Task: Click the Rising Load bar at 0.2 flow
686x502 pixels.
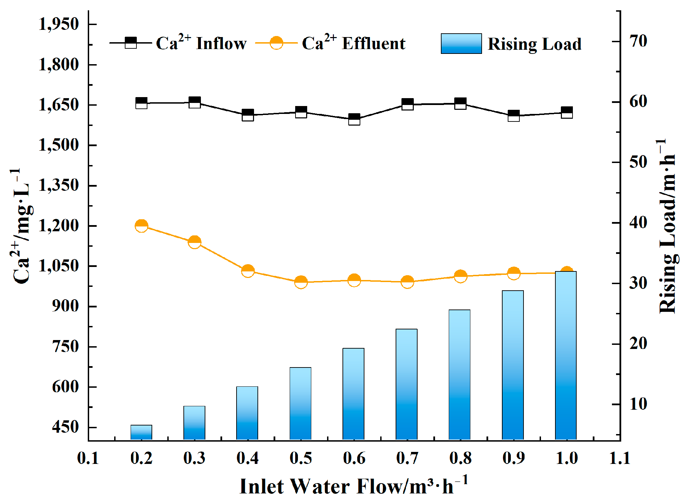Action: pyautogui.click(x=141, y=432)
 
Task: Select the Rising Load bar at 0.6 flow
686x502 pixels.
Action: pyautogui.click(x=353, y=394)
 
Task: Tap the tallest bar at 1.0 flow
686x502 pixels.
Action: pyautogui.click(x=566, y=355)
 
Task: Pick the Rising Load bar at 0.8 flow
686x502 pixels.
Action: pyautogui.click(x=460, y=375)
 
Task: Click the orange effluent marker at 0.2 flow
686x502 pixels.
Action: pyautogui.click(x=141, y=226)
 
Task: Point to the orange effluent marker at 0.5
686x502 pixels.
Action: pyautogui.click(x=301, y=282)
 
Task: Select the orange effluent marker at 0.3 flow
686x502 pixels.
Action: pyautogui.click(x=194, y=242)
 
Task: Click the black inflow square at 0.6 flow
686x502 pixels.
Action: pyautogui.click(x=354, y=119)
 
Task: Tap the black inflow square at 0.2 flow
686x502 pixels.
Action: pyautogui.click(x=141, y=103)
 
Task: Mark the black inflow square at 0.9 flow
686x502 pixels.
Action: pyautogui.click(x=514, y=116)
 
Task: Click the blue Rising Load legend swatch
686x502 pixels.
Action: pyautogui.click(x=461, y=44)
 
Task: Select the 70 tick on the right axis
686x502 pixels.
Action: pyautogui.click(x=638, y=42)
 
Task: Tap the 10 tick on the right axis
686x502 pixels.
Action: pyautogui.click(x=638, y=404)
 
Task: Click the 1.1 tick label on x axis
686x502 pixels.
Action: pyautogui.click(x=620, y=458)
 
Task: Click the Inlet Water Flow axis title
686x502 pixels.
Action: pyautogui.click(x=353, y=486)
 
